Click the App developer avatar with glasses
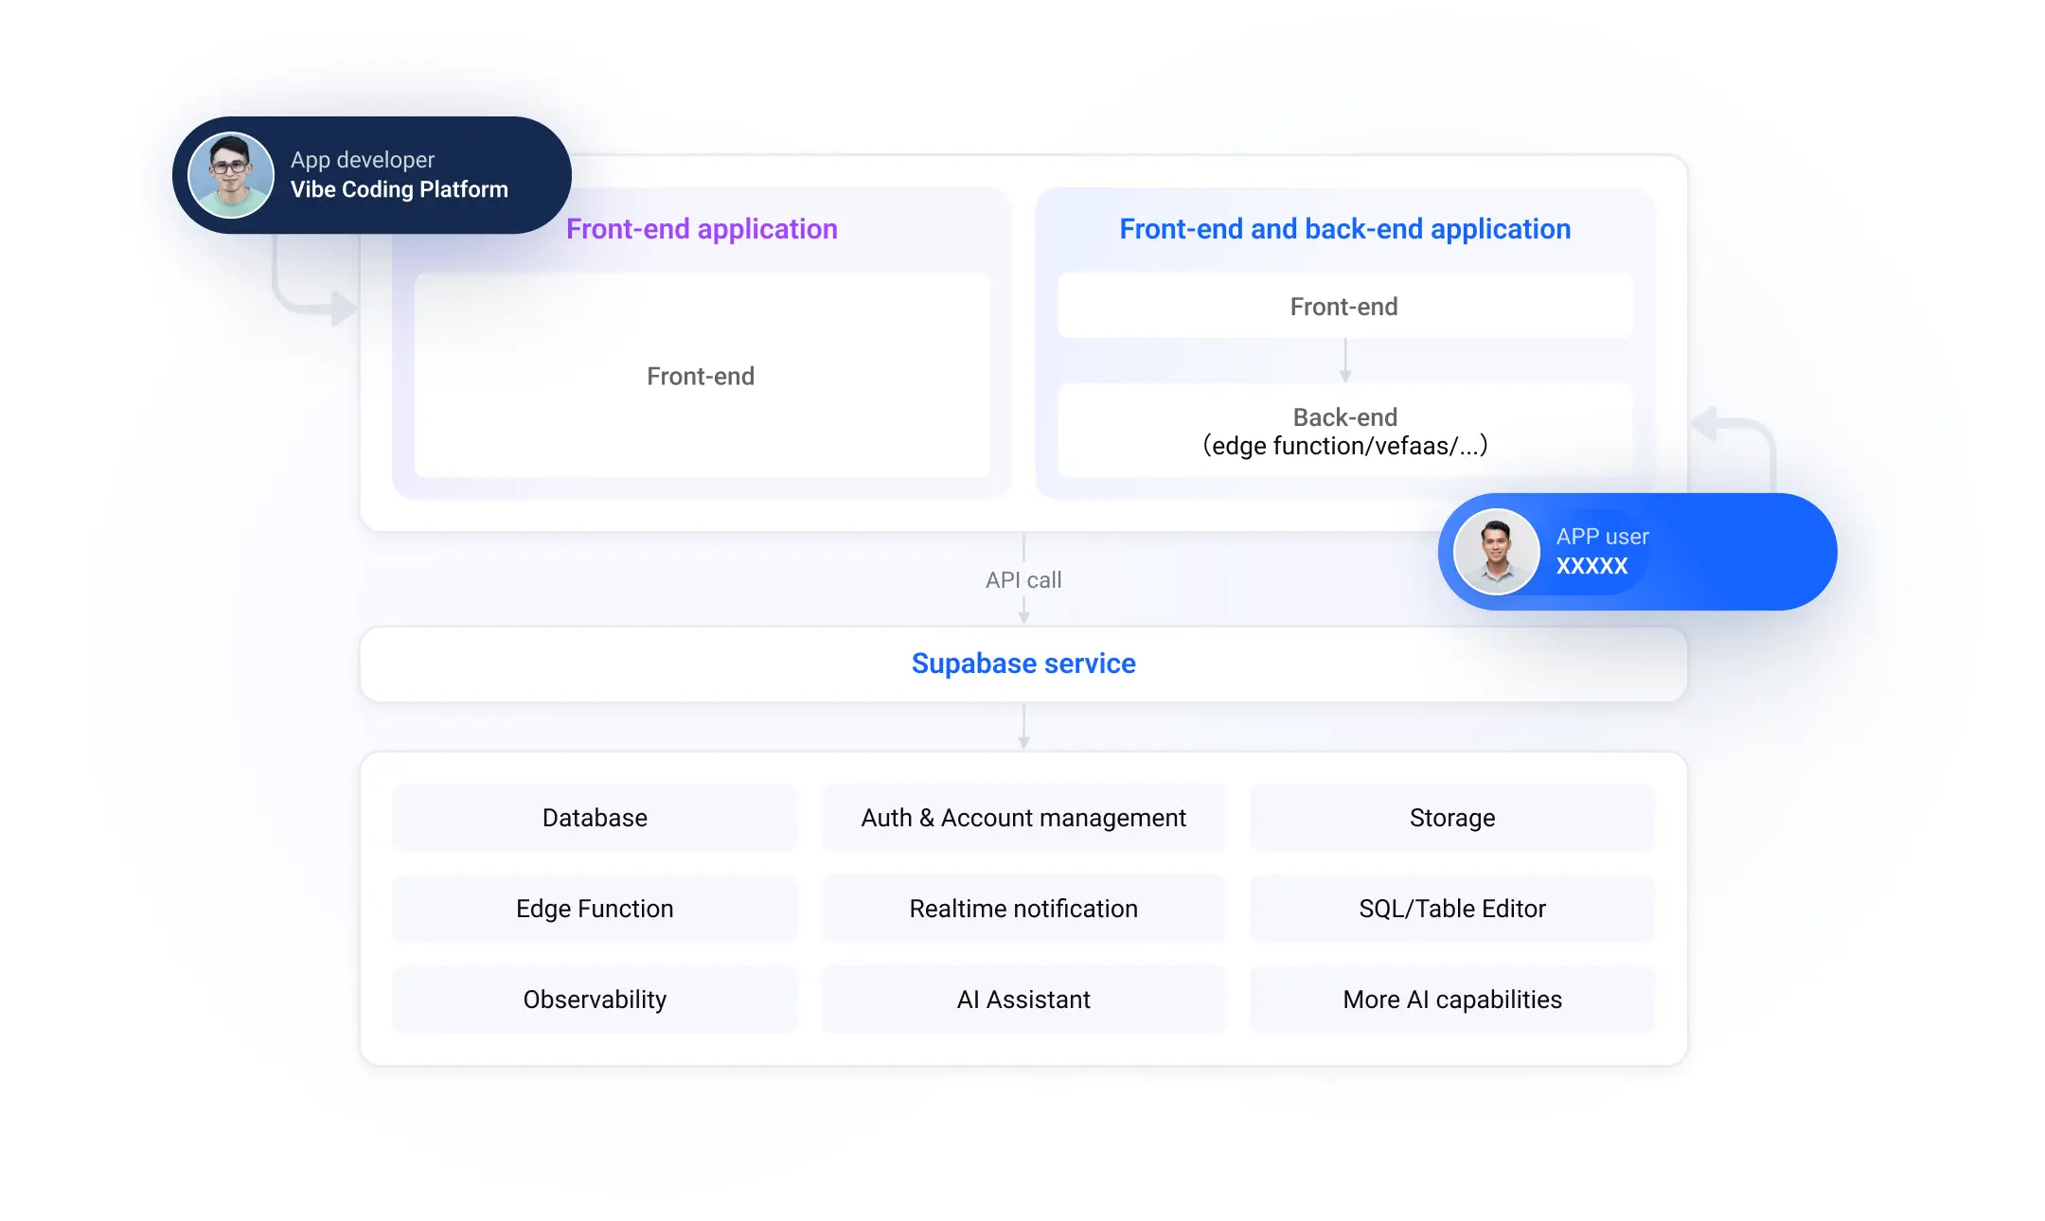[x=231, y=175]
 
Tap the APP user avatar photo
[x=1497, y=552]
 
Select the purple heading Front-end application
[x=702, y=229]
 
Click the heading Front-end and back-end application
[x=1344, y=229]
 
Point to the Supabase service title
[x=1023, y=664]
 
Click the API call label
[x=1023, y=580]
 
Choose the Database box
[x=595, y=818]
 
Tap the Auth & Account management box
[x=1023, y=818]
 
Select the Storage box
[x=1452, y=818]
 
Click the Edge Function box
[x=595, y=909]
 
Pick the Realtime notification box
[x=1023, y=909]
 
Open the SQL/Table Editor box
[x=1452, y=909]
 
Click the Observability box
[x=595, y=1000]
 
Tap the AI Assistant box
[x=1023, y=1000]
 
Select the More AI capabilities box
[x=1452, y=1000]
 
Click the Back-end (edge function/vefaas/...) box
[x=1345, y=431]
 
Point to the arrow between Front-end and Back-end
[x=1345, y=361]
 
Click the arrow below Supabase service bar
[x=1023, y=727]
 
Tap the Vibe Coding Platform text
[x=400, y=189]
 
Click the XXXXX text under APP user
[x=1592, y=566]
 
